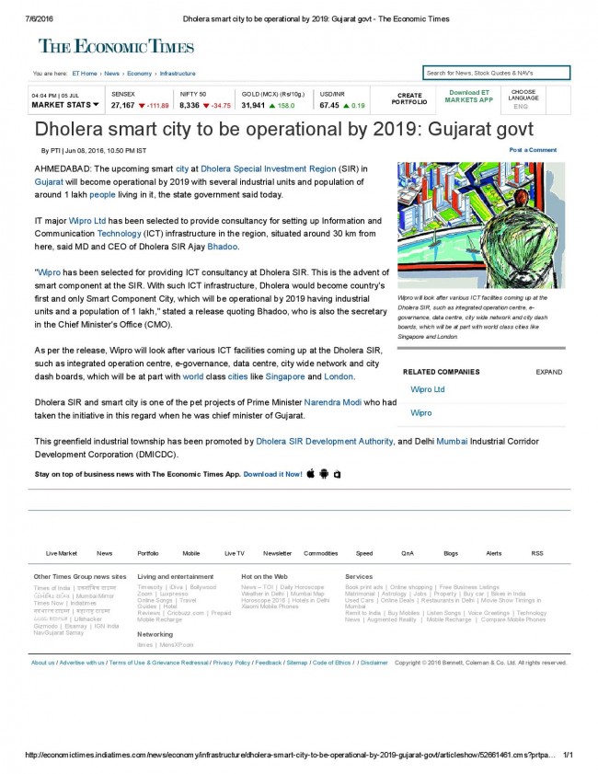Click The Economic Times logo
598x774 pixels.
pos(116,47)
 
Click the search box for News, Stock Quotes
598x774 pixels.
pos(496,73)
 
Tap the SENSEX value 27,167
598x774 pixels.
pos(122,106)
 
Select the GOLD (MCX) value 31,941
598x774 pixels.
pos(253,106)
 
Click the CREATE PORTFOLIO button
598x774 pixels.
pos(409,98)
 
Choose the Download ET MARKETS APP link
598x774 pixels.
pos(469,96)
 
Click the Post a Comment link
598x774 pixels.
pos(533,150)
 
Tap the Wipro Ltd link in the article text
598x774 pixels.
pos(87,222)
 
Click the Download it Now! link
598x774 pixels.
pos(272,474)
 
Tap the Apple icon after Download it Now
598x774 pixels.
pos(311,473)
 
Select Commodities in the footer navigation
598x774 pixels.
pos(321,553)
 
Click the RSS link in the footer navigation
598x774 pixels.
pos(537,553)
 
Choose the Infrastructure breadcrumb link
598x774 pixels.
pos(178,74)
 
